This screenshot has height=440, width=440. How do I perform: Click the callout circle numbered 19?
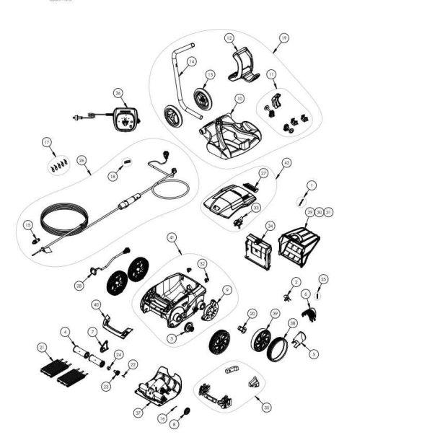[x=283, y=38]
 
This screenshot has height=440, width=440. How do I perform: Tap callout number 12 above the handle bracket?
[x=229, y=38]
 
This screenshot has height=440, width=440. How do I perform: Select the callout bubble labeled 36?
[x=119, y=92]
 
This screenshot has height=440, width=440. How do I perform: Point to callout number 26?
[x=82, y=160]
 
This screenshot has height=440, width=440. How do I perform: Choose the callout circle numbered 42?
[x=286, y=163]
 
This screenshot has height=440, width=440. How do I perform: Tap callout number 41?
[x=171, y=237]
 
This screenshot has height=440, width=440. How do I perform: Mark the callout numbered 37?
[x=137, y=413]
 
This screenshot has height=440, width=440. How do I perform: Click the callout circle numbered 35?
[x=267, y=407]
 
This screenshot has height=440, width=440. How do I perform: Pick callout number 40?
[x=96, y=304]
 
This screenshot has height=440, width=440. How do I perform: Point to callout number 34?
[x=270, y=226]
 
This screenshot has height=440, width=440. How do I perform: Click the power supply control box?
[x=125, y=119]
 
